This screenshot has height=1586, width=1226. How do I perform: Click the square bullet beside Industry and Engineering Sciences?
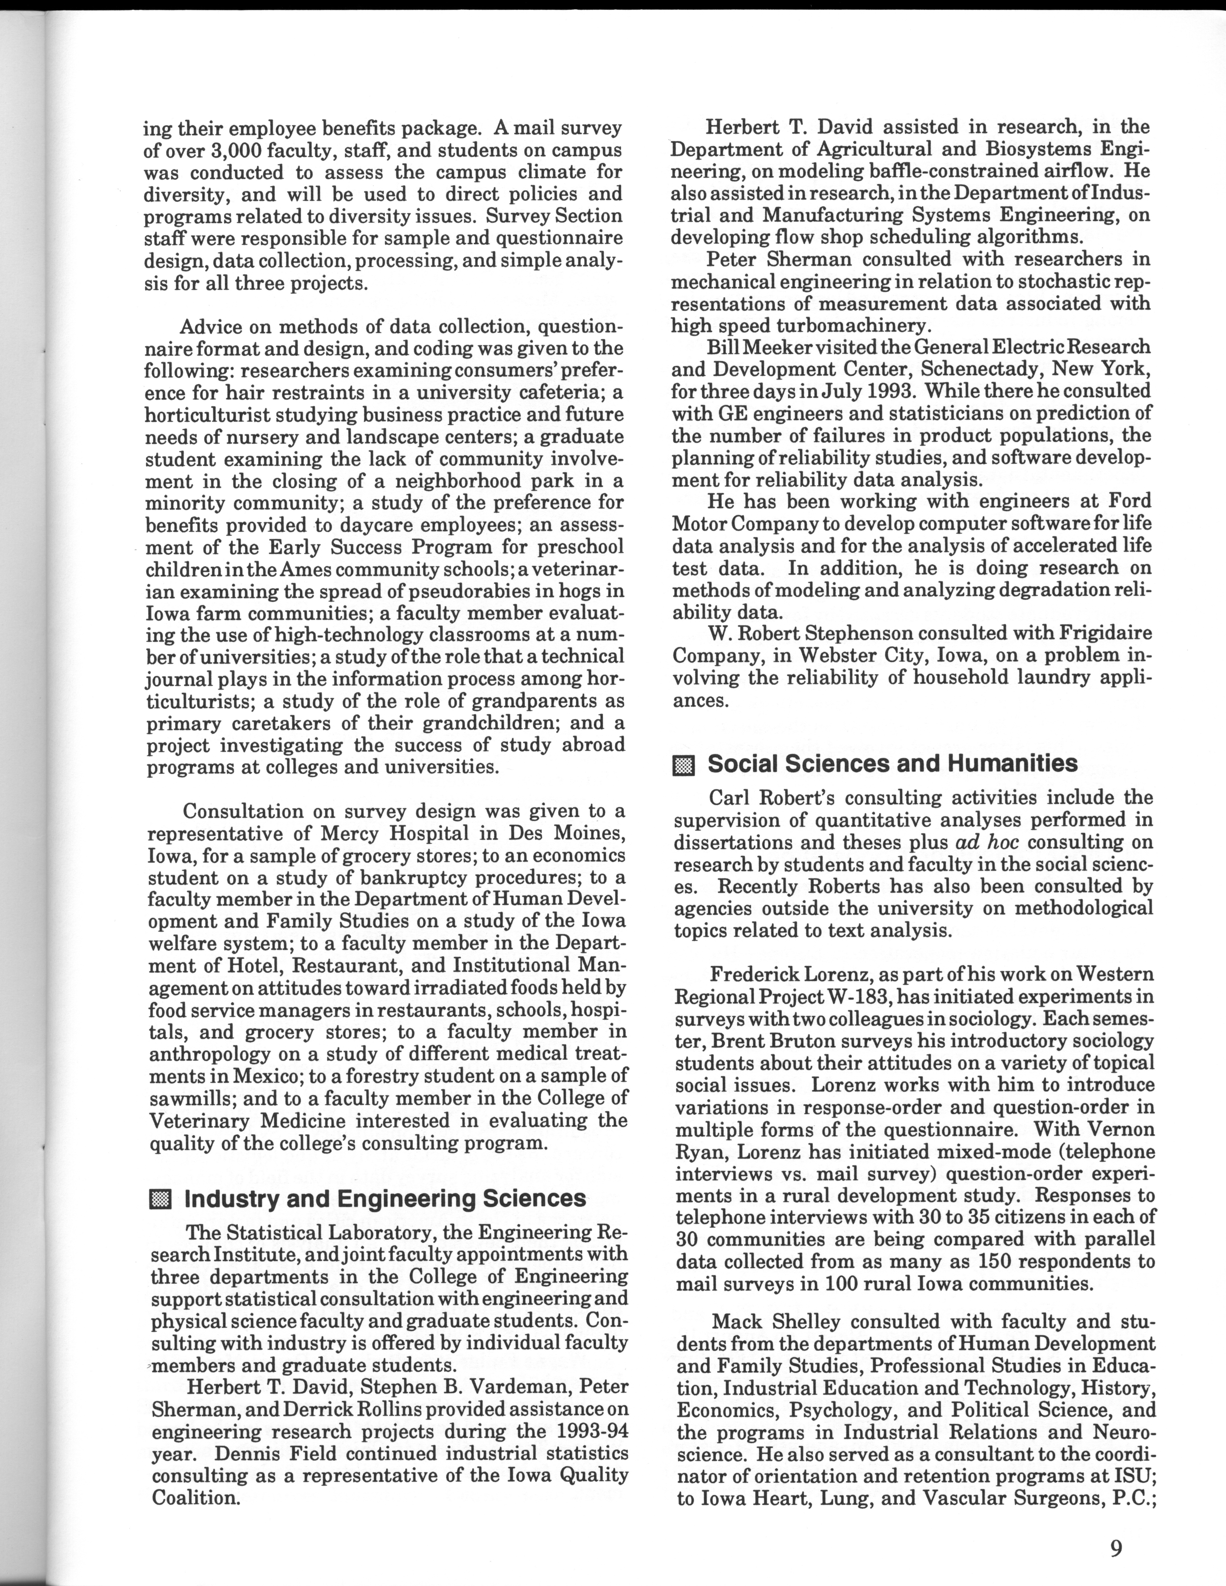tap(160, 1200)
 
